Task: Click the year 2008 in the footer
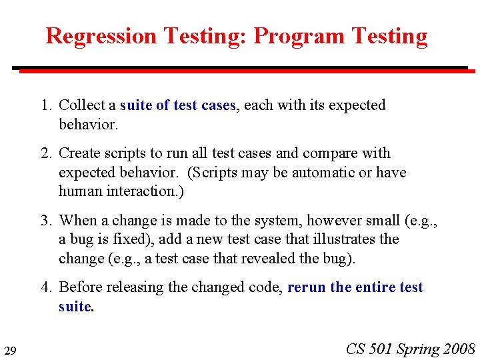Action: pyautogui.click(x=459, y=349)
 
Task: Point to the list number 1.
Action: pyautogui.click(x=45, y=105)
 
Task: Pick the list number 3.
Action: pyautogui.click(x=45, y=221)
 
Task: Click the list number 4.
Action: pyautogui.click(x=45, y=287)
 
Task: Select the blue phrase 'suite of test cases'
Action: pyautogui.click(x=178, y=105)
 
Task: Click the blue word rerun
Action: pyautogui.click(x=307, y=287)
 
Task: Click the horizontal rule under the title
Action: pyautogui.click(x=240, y=68)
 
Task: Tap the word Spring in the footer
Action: pyautogui.click(x=419, y=349)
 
